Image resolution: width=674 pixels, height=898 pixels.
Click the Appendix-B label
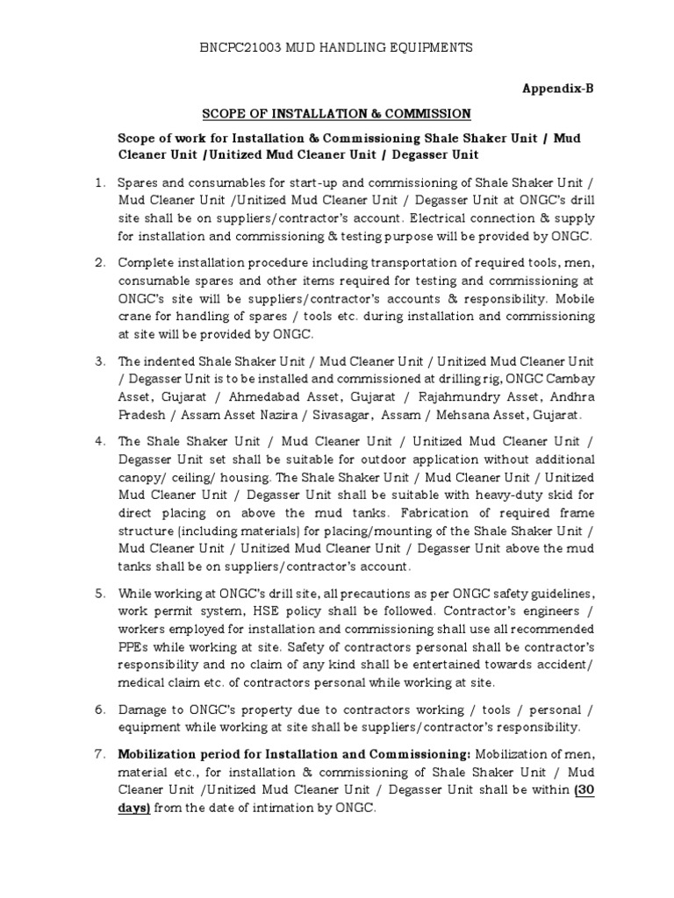(559, 89)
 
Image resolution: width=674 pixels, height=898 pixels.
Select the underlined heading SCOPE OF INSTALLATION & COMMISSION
(337, 114)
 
